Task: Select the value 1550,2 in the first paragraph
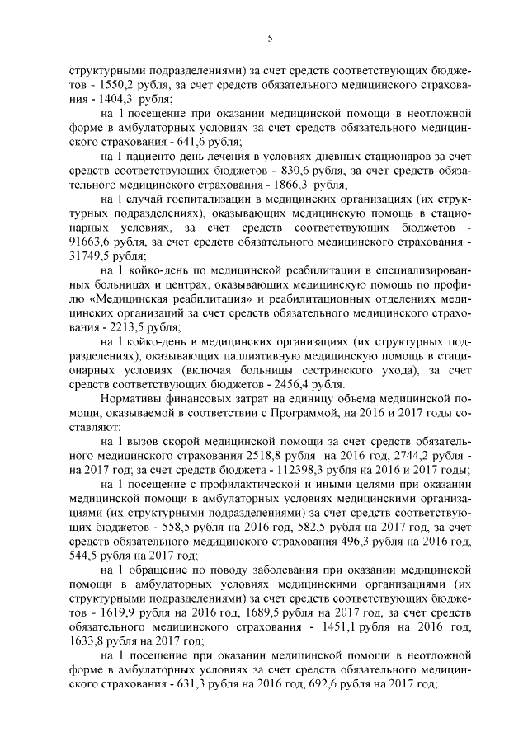120,84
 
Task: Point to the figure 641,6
195,142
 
